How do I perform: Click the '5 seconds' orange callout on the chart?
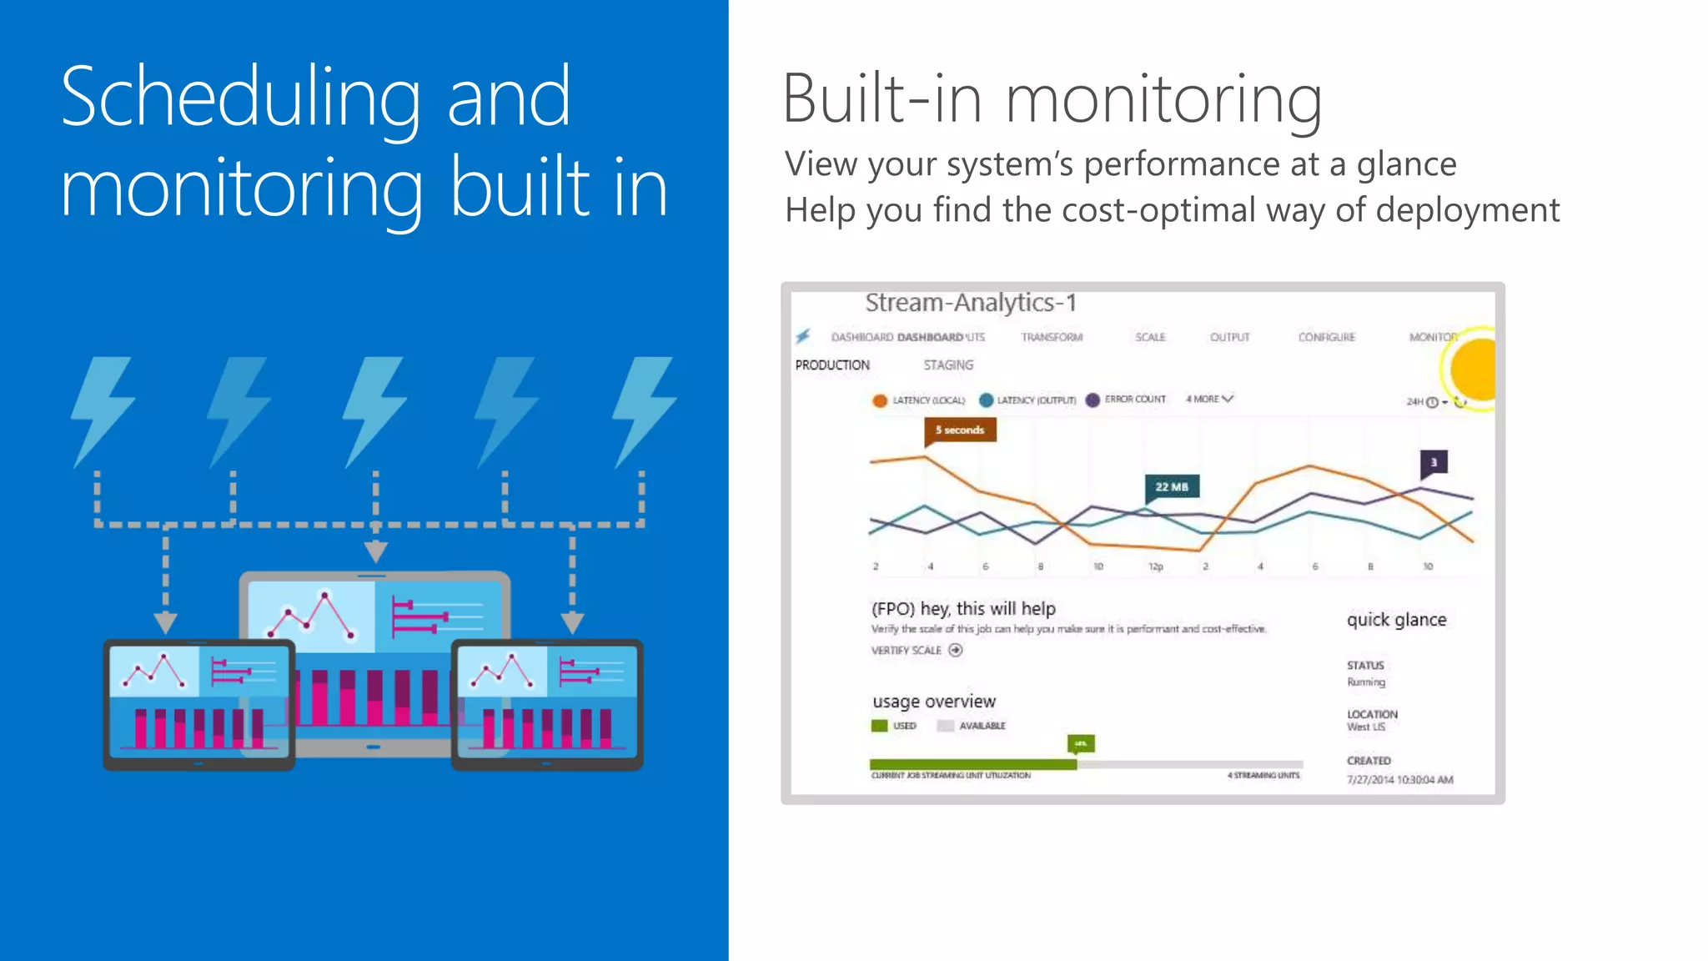click(x=959, y=430)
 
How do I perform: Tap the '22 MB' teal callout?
click(x=1171, y=487)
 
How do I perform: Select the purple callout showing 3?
click(x=1434, y=462)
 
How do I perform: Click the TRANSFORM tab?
click(x=1052, y=337)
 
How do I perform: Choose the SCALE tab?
click(x=1150, y=337)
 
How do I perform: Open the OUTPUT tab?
click(x=1229, y=337)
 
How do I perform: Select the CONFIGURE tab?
click(x=1326, y=337)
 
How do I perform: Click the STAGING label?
click(x=948, y=365)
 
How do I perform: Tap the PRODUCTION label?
click(x=832, y=365)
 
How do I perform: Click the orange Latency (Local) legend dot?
click(x=880, y=400)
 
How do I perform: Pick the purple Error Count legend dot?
click(x=1093, y=400)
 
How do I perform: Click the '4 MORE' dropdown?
click(x=1208, y=400)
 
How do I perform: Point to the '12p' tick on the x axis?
click(x=1155, y=566)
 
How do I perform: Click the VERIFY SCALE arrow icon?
click(x=956, y=650)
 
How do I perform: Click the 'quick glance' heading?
click(x=1396, y=620)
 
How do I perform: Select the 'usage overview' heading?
click(x=934, y=702)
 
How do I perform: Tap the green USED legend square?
click(x=879, y=726)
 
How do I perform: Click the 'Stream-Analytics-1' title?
click(x=971, y=303)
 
